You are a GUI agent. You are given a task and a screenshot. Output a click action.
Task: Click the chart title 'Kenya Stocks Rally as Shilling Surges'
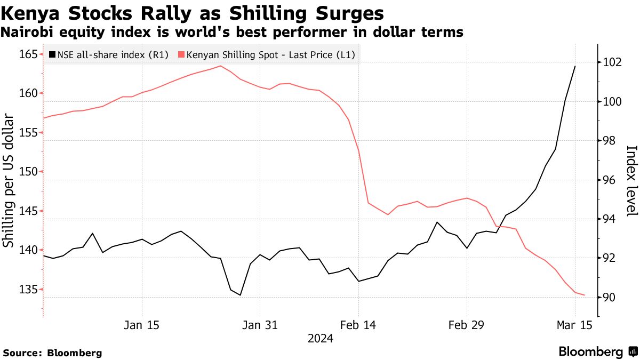tap(194, 13)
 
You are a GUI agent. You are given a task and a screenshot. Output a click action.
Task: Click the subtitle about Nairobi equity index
tap(232, 33)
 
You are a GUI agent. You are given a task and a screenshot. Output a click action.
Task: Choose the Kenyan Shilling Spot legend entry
tap(267, 54)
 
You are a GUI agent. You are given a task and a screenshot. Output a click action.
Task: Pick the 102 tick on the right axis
tap(611, 62)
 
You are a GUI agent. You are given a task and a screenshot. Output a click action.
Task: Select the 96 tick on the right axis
tap(608, 180)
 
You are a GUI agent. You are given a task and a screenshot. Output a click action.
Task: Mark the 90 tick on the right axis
tap(608, 298)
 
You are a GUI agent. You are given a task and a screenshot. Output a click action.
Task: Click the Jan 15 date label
tap(142, 325)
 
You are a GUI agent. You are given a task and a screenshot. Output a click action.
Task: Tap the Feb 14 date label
tap(359, 325)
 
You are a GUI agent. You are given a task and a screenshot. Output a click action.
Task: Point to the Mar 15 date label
tap(575, 325)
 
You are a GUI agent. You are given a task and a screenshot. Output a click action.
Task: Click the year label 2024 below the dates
tap(320, 338)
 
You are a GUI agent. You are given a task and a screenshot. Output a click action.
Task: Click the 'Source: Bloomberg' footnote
tap(52, 353)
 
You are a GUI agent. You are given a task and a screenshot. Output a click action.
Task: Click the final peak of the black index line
tap(575, 66)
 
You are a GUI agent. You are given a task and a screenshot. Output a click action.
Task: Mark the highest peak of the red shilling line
tap(221, 66)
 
